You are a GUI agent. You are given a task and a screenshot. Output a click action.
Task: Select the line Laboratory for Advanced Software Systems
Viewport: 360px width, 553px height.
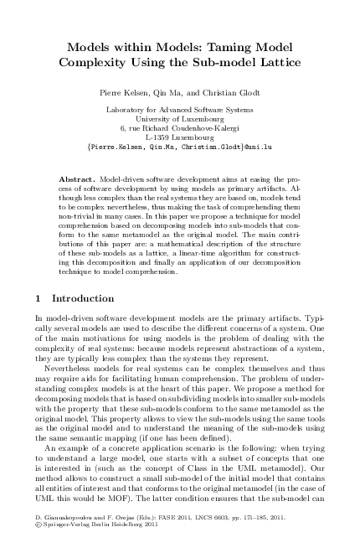tap(179, 111)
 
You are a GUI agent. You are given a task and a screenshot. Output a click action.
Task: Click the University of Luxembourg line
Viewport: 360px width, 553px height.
tap(179, 120)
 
